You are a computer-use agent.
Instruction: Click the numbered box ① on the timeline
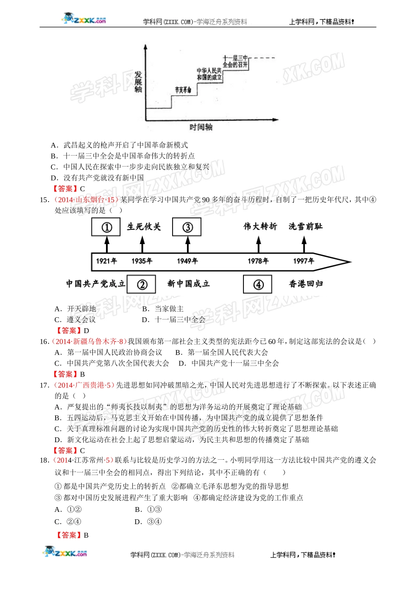[106, 227]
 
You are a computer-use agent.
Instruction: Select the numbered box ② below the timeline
[142, 284]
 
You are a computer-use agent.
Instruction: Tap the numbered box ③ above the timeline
[187, 227]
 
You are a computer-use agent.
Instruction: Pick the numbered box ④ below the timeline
[258, 284]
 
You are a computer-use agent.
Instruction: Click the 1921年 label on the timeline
[106, 261]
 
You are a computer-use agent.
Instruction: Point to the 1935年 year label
[142, 261]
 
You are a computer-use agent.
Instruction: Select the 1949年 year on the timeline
[187, 261]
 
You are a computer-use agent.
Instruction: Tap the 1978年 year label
[258, 261]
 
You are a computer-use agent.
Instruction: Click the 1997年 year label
[303, 261]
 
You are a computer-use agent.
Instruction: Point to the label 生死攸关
[144, 227]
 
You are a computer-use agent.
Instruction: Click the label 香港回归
[306, 284]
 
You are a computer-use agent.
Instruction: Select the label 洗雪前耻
[306, 227]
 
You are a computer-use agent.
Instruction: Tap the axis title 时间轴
[201, 127]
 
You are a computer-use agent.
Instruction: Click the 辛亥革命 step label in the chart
[183, 90]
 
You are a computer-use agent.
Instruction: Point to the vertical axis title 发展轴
[138, 82]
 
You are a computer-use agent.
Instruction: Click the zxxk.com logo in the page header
[85, 19]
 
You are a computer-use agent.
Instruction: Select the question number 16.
[44, 341]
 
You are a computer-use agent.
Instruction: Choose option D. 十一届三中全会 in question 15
[174, 320]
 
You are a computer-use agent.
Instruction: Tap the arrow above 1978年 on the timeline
[258, 244]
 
